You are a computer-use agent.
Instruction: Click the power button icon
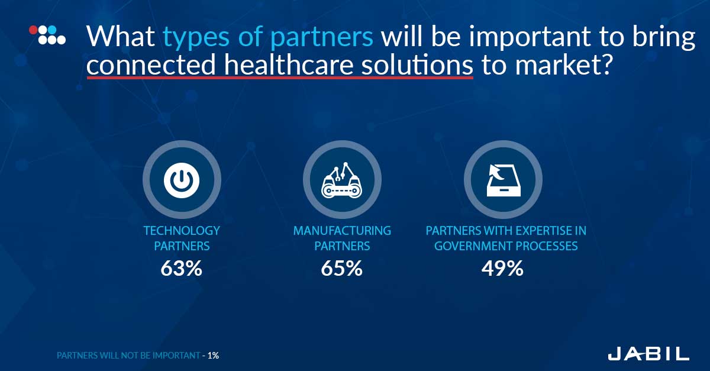[182, 180]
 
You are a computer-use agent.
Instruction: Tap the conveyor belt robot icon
[342, 180]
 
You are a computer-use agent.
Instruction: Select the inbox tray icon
[504, 180]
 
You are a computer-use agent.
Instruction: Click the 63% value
[181, 269]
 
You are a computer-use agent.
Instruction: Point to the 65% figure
[342, 269]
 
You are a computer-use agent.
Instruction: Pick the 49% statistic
[502, 269]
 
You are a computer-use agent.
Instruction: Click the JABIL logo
[648, 354]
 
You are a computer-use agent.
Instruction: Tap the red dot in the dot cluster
[33, 30]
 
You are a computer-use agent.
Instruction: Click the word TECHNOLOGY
[182, 231]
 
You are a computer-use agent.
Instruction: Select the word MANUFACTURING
[342, 231]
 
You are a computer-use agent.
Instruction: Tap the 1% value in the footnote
[214, 356]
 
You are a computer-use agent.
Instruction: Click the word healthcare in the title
[289, 64]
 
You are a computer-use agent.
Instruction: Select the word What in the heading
[121, 36]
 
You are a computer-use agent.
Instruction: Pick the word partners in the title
[322, 38]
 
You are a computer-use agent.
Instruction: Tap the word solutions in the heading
[417, 64]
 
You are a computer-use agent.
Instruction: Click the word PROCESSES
[547, 246]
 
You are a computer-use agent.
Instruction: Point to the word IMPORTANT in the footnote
[176, 356]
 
